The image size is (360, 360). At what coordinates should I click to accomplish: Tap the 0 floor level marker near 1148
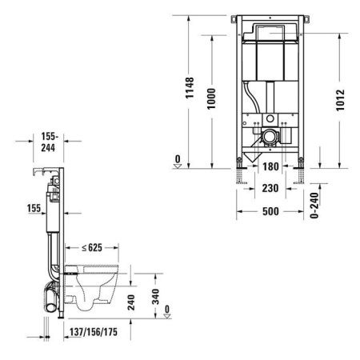[x=177, y=158]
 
